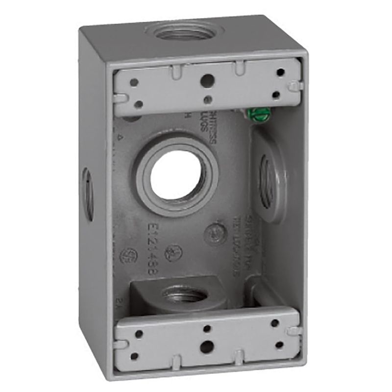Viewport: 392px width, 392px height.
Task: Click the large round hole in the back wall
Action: [x=175, y=175]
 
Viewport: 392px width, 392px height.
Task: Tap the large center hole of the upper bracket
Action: [x=208, y=80]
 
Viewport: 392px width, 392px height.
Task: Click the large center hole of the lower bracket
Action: [x=207, y=346]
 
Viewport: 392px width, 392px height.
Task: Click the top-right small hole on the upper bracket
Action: [x=280, y=73]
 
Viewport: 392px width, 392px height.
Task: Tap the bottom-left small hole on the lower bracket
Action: [x=134, y=355]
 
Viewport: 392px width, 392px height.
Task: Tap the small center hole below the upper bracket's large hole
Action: [x=208, y=99]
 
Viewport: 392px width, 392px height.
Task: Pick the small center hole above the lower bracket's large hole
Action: [x=207, y=329]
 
